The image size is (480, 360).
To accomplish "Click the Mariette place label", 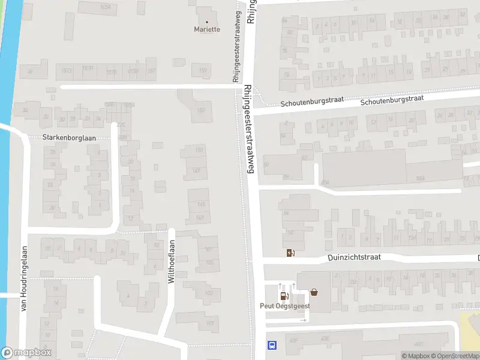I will pyautogui.click(x=207, y=29).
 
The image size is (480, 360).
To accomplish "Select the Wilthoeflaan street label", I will pyautogui.click(x=171, y=263).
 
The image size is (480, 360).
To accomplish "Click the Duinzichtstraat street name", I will pyautogui.click(x=354, y=257).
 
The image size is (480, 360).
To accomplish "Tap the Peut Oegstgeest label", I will pyautogui.click(x=285, y=305).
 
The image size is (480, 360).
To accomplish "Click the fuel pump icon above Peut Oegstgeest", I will pyautogui.click(x=284, y=295).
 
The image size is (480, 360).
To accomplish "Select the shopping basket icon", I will pyautogui.click(x=314, y=293).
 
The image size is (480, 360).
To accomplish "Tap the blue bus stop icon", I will pyautogui.click(x=272, y=344).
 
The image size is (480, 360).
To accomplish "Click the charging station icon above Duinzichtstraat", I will pyautogui.click(x=290, y=253).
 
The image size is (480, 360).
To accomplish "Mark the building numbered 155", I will pyautogui.click(x=202, y=110).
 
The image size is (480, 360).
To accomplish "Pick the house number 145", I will pyautogui.click(x=201, y=204).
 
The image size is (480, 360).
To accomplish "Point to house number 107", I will pyautogui.click(x=209, y=249).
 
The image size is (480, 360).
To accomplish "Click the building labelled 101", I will pyautogui.click(x=209, y=323).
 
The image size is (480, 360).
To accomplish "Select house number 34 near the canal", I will pyautogui.click(x=25, y=110).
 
